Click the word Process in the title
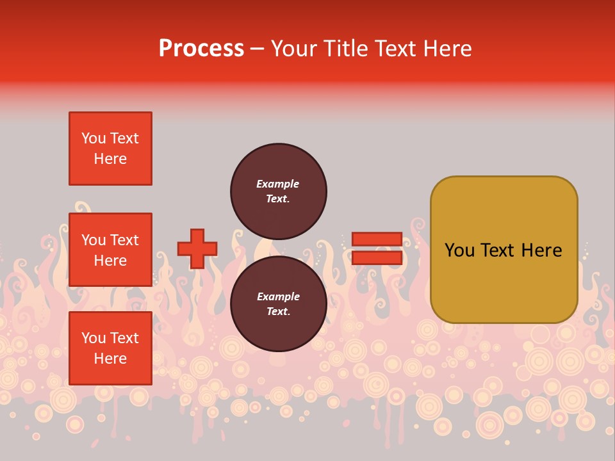point(201,49)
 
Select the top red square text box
point(110,149)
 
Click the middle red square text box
point(110,250)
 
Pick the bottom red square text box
point(110,348)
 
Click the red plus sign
point(197,248)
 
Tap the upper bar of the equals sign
point(377,239)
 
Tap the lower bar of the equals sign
point(377,258)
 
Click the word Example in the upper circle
point(277,184)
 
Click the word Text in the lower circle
point(277,312)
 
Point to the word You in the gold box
point(459,250)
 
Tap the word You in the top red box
point(94,138)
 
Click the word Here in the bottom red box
point(110,359)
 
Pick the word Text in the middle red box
point(125,240)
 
